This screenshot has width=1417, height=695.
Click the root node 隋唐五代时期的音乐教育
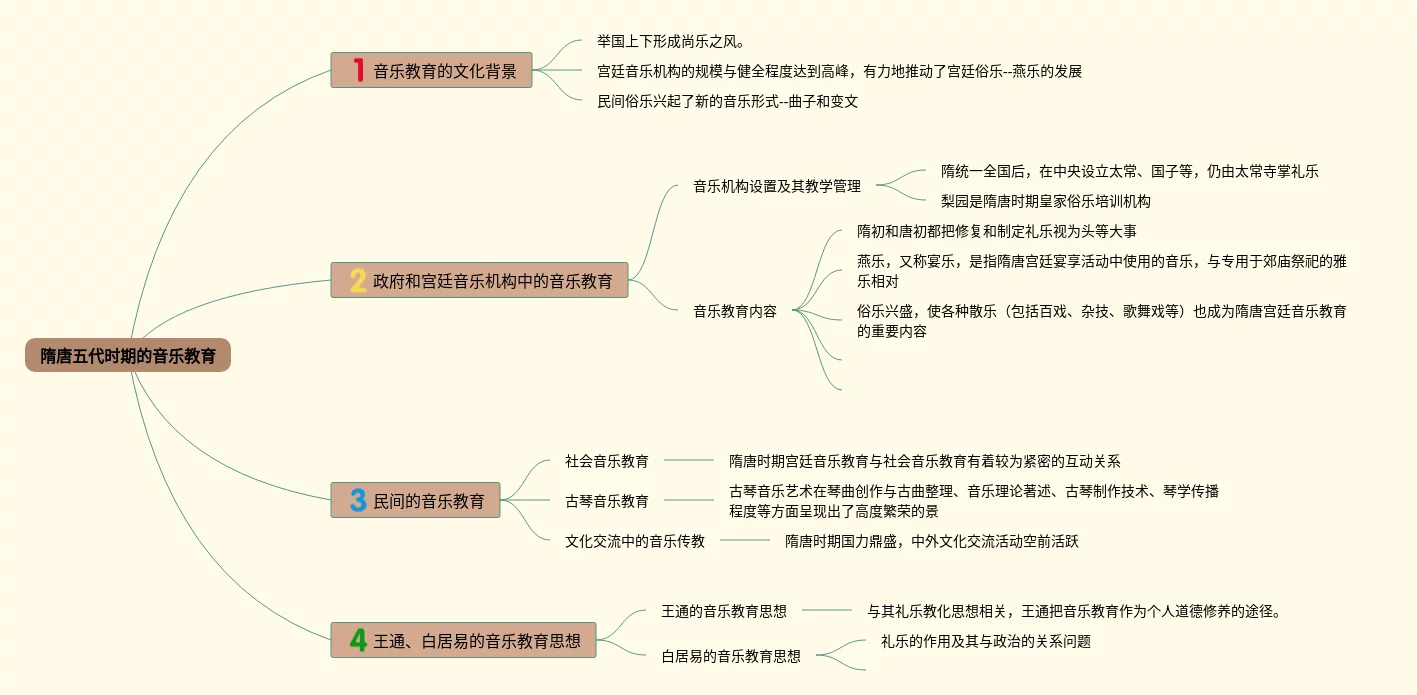128,355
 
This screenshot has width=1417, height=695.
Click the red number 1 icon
358,70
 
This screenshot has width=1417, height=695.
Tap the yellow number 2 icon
358,281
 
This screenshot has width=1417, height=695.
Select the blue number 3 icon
358,500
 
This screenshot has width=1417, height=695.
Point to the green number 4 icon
358,640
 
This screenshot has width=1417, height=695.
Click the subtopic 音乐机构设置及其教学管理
777,186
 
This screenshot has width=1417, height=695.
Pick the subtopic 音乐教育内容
735,311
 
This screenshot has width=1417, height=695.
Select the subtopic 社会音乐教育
607,461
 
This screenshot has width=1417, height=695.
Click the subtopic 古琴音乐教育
607,501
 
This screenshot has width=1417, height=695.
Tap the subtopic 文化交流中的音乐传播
635,541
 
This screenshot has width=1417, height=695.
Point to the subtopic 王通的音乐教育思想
724,611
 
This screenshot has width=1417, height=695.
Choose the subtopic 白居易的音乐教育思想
731,656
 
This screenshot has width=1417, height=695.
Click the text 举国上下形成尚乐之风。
671,41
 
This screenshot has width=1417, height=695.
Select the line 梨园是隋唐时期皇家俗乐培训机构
1046,201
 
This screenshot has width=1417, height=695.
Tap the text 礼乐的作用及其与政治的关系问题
985,641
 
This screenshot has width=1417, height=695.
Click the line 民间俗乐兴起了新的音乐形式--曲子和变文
727,101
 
